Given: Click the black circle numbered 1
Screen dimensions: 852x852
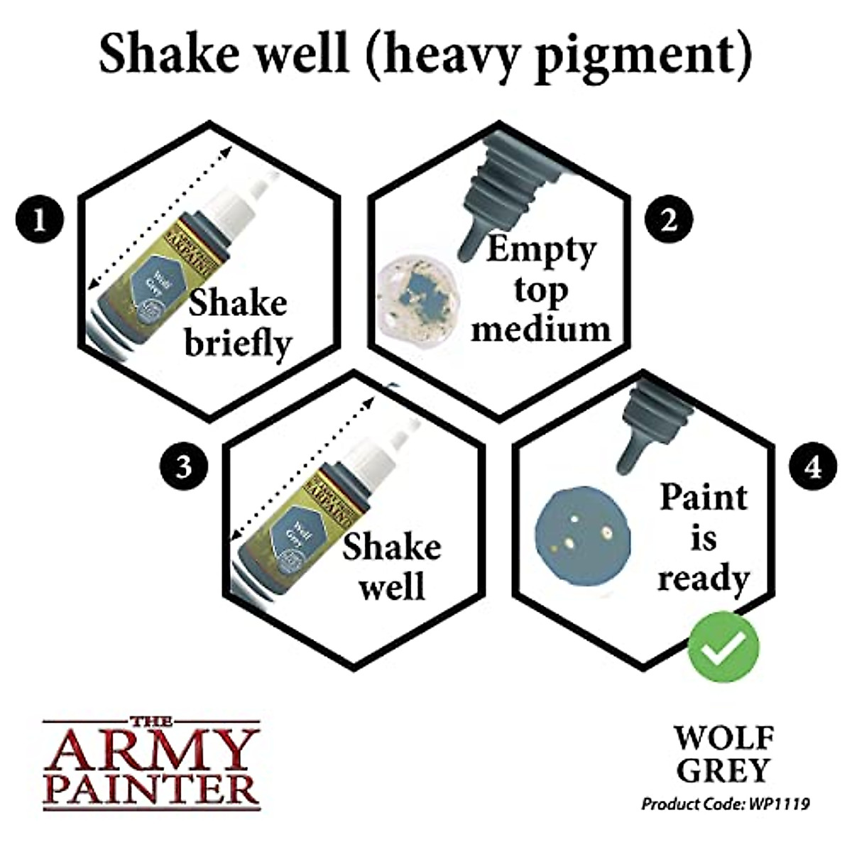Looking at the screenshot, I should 39,219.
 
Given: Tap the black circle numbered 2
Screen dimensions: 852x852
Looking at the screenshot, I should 668,219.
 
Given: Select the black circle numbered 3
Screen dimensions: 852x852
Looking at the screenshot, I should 183,466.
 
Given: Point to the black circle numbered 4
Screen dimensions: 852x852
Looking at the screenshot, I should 813,466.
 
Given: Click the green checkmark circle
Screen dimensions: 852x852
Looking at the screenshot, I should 723,646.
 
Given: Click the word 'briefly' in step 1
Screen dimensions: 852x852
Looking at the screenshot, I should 239,344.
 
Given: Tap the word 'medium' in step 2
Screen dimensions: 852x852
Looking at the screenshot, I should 540,329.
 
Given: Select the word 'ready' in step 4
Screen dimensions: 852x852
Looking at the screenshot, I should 703,579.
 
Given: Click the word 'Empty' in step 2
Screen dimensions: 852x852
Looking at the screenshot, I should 540,250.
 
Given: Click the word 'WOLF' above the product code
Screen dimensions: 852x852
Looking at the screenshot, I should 723,738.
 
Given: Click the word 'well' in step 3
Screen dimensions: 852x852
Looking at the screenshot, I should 392,587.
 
